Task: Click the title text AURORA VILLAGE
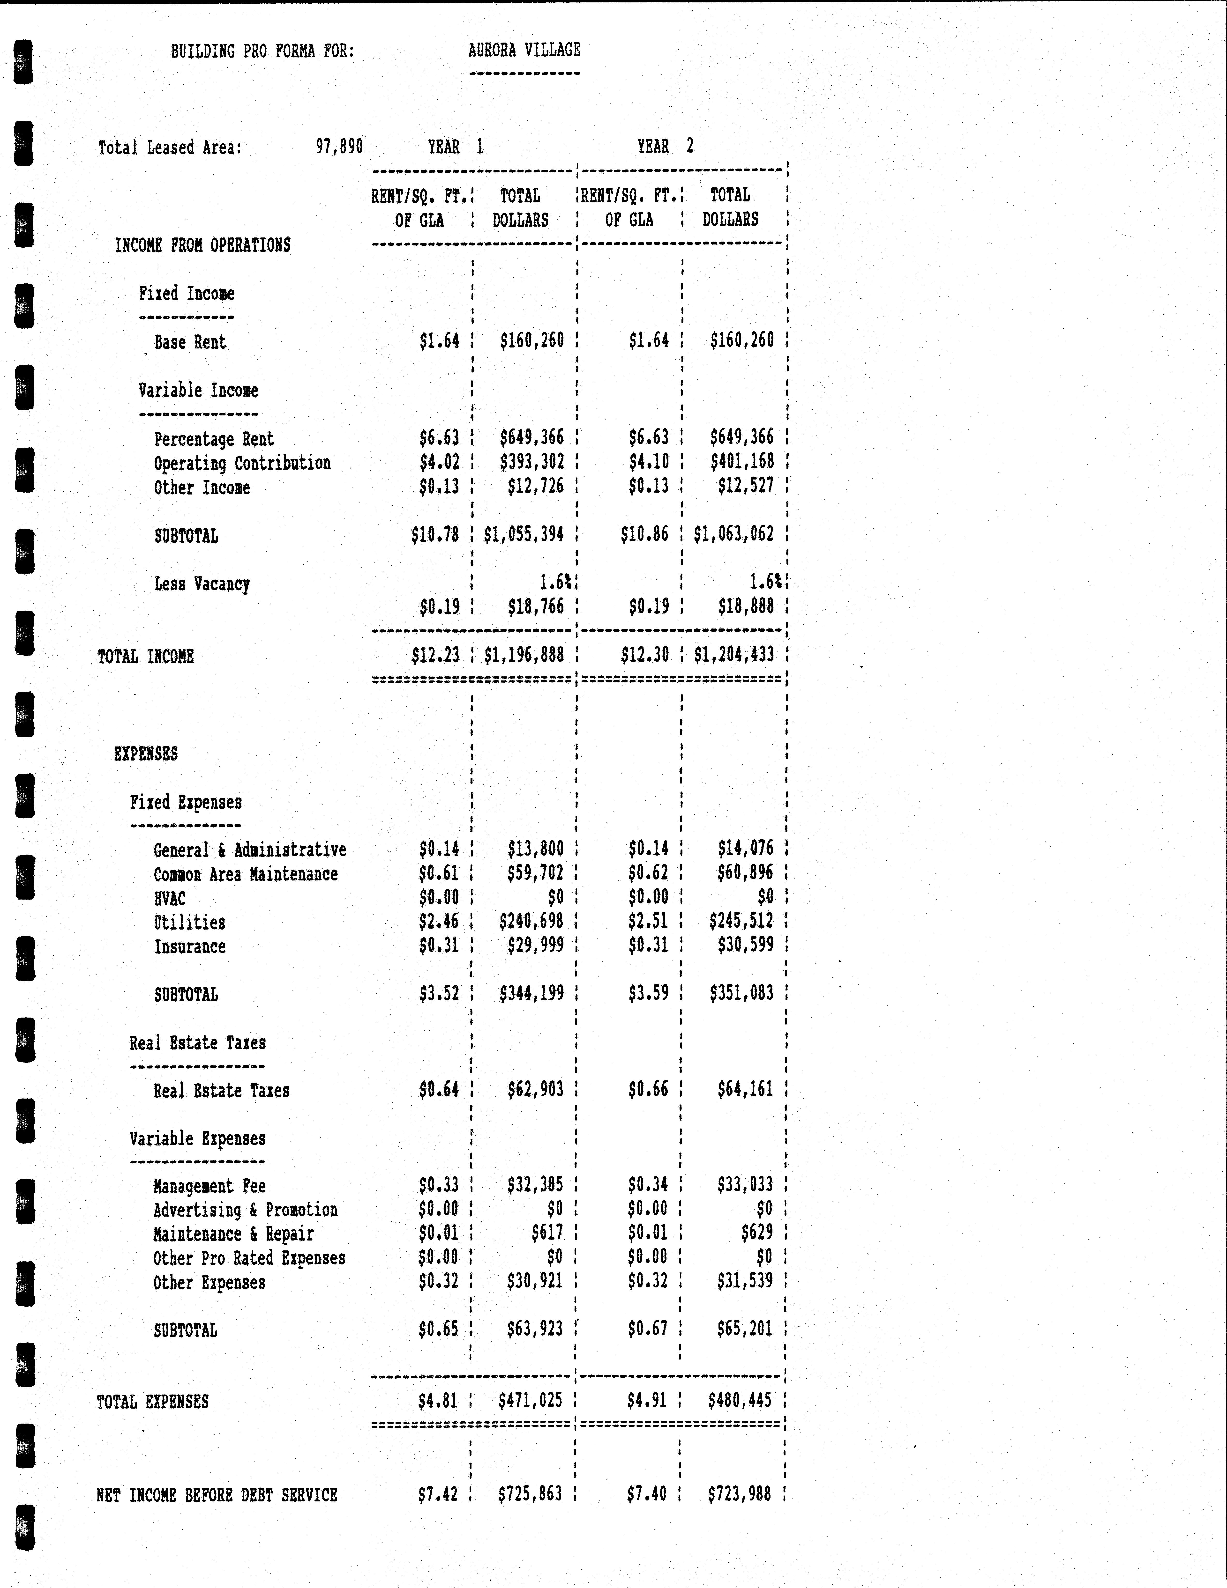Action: pyautogui.click(x=524, y=50)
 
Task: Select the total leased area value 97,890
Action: pyautogui.click(x=339, y=147)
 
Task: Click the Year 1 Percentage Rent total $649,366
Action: pyautogui.click(x=532, y=438)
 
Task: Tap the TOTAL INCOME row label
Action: pyautogui.click(x=145, y=657)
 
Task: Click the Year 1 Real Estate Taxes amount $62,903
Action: pyautogui.click(x=535, y=1089)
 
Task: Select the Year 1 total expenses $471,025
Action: pyautogui.click(x=530, y=1400)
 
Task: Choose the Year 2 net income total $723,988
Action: pyautogui.click(x=739, y=1494)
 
